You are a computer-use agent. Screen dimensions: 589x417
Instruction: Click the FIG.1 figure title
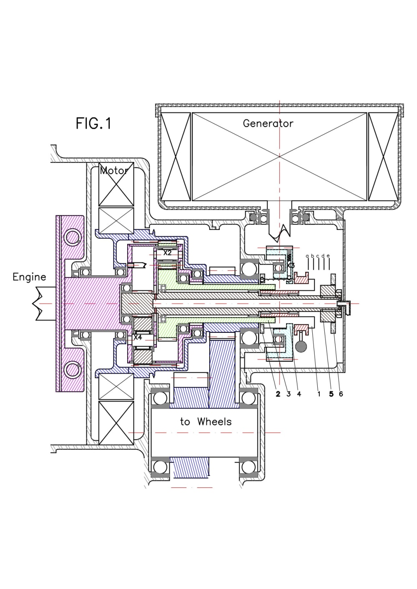point(94,123)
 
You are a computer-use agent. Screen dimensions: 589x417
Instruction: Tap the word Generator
point(268,123)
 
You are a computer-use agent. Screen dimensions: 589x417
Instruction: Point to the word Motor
point(114,170)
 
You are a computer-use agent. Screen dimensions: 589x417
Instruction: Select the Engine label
point(29,277)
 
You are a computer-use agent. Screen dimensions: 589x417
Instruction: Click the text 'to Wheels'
point(206,422)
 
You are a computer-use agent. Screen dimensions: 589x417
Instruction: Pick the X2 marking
point(167,252)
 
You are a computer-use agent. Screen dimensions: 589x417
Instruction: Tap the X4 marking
point(138,337)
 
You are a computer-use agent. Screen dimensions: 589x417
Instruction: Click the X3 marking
point(291,265)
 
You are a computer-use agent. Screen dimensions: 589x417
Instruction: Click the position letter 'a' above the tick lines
point(307,256)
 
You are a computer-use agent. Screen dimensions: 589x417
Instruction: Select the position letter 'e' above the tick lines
point(329,255)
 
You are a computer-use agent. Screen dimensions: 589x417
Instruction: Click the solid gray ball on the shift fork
point(301,347)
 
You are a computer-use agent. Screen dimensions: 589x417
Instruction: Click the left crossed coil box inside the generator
point(175,156)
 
